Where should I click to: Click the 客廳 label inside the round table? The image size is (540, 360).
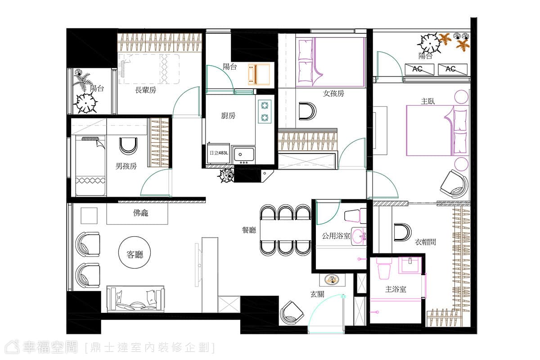[x=135, y=254]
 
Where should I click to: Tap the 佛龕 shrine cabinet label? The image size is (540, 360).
[x=140, y=213]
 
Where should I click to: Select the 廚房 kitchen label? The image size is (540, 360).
[x=228, y=116]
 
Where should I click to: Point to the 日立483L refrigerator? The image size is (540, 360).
[x=218, y=153]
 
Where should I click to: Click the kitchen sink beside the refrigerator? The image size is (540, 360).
[x=243, y=154]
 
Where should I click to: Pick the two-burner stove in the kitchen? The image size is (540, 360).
[x=265, y=112]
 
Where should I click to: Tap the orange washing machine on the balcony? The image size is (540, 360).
[x=259, y=74]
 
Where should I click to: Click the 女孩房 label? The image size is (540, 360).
[x=333, y=94]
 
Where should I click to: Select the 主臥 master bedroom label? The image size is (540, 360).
[x=428, y=101]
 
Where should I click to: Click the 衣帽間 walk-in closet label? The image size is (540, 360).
[x=425, y=242]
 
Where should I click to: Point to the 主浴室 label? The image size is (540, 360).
[x=396, y=289]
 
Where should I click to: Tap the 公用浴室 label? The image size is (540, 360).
[x=336, y=236]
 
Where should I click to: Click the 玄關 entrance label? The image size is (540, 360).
[x=317, y=294]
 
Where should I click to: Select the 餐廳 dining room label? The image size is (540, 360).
[x=249, y=230]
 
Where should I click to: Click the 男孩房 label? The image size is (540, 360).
[x=126, y=166]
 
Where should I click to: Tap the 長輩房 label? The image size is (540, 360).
[x=145, y=90]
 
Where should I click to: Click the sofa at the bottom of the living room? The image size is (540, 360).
[x=135, y=299]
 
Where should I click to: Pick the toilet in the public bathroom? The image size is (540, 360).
[x=355, y=216]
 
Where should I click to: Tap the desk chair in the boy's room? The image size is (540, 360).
[x=128, y=146]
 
